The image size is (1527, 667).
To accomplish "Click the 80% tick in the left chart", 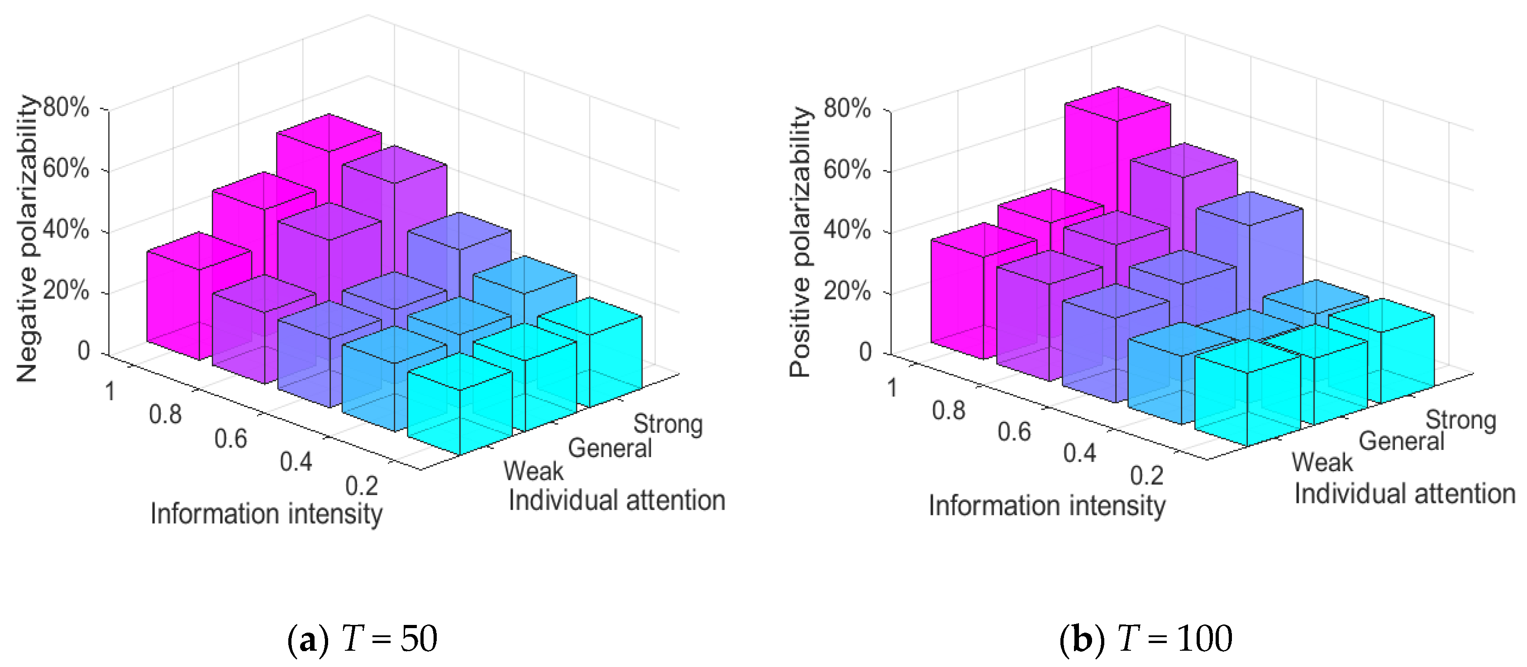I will [x=66, y=108].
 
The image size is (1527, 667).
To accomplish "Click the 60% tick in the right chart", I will [x=847, y=170].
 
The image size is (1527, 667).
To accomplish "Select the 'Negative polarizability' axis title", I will [x=27, y=238].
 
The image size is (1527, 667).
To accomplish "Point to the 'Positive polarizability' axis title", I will [x=800, y=241].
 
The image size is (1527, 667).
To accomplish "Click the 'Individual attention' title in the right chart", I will [x=1404, y=493].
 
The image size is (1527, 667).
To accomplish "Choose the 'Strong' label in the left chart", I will [x=668, y=424].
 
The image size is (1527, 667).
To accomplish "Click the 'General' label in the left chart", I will [x=609, y=448].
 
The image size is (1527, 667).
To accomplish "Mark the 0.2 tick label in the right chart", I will [x=1146, y=476].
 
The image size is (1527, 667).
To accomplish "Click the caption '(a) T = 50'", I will [x=362, y=639].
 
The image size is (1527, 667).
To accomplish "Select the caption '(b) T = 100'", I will [x=1145, y=639].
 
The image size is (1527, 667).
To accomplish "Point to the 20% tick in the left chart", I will [x=66, y=290].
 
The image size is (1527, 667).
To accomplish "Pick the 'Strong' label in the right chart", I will [x=1460, y=419].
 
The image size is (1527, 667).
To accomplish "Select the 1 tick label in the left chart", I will [x=110, y=392].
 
